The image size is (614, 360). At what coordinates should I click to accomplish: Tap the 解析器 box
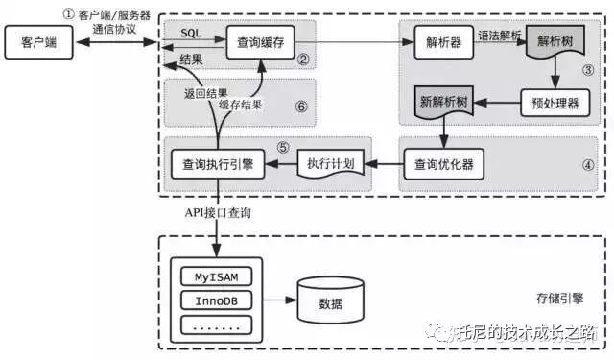[444, 42]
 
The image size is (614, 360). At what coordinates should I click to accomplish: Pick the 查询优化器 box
[442, 163]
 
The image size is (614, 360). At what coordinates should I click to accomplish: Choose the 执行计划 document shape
[331, 163]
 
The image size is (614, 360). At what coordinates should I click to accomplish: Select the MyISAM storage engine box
[217, 276]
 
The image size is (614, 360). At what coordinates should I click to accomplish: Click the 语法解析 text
[501, 35]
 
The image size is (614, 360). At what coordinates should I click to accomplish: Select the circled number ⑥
[300, 107]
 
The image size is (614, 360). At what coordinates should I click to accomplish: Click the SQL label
[190, 33]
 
